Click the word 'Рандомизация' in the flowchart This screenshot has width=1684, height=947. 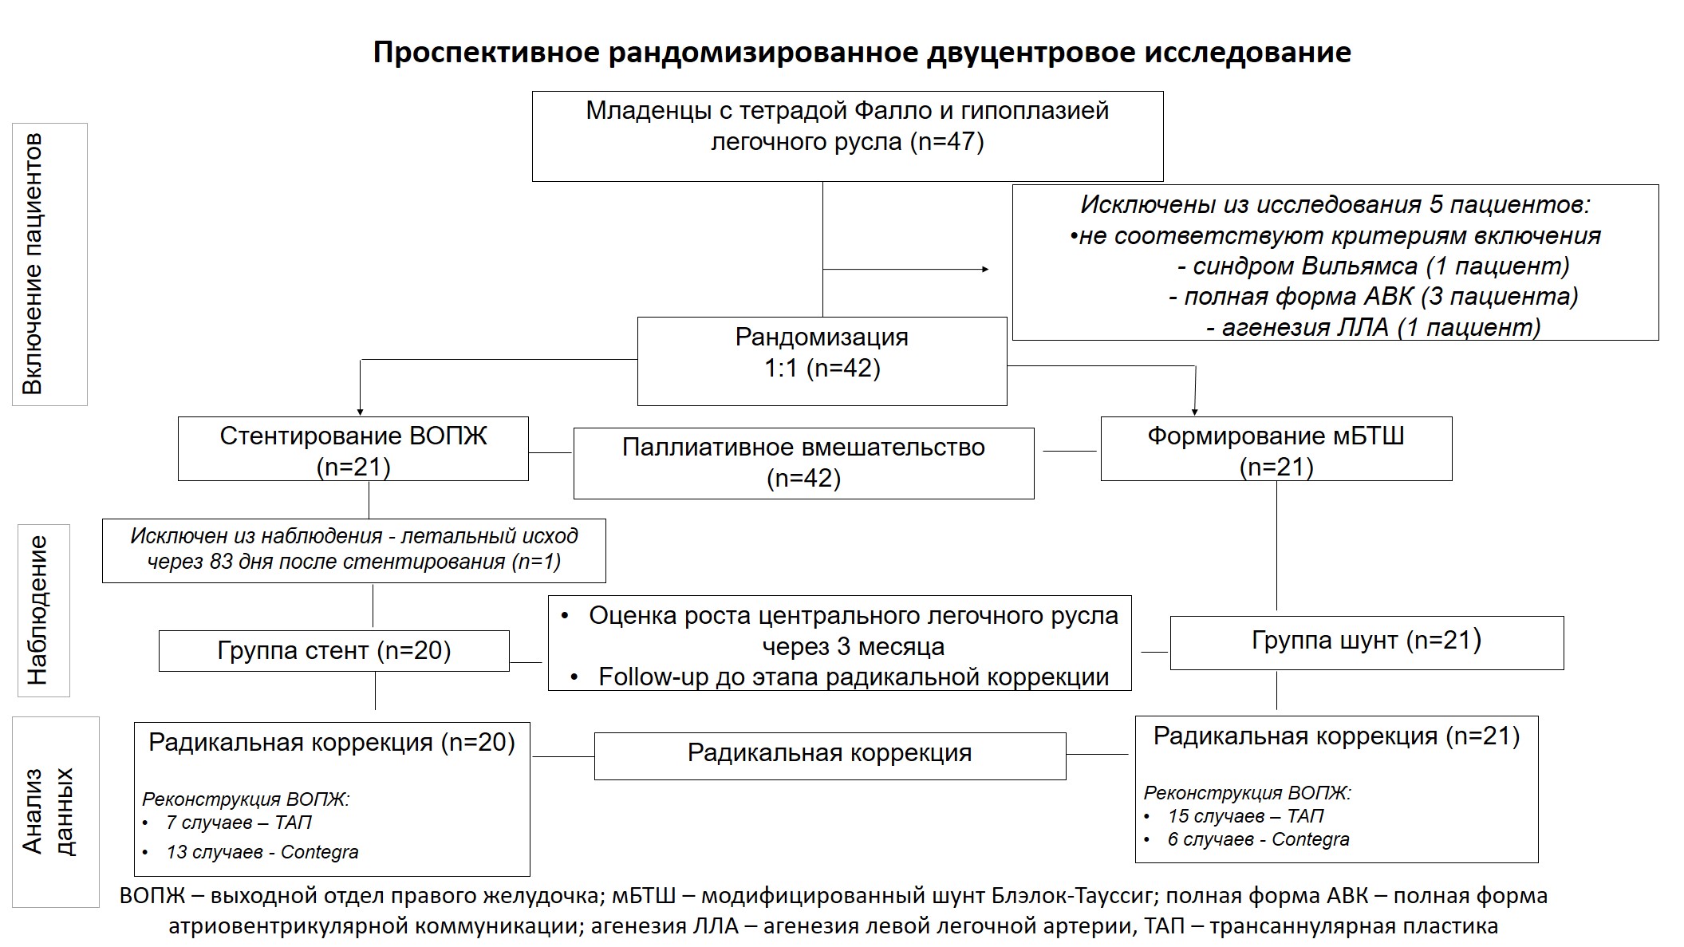(822, 337)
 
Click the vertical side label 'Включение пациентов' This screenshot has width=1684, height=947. (32, 264)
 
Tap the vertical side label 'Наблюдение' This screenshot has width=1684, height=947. (37, 610)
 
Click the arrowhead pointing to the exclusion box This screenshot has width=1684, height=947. (985, 270)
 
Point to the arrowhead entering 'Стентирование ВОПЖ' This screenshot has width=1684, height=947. (361, 412)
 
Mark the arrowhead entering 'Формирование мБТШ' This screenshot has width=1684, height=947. (1194, 412)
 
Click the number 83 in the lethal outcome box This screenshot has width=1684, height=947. (221, 562)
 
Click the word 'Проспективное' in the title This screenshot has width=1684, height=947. (487, 53)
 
